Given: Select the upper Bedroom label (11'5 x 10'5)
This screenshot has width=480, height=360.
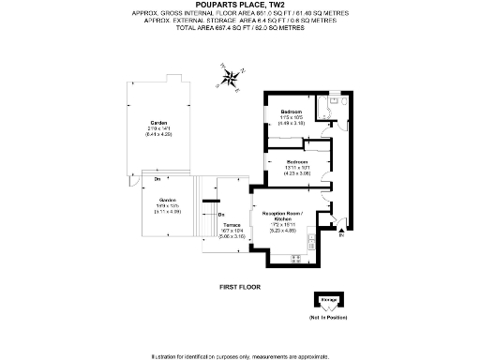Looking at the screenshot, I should pyautogui.click(x=291, y=115).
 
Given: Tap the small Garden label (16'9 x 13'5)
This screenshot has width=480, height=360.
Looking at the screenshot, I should pyautogui.click(x=168, y=205).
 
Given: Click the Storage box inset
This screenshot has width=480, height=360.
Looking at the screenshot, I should pyautogui.click(x=329, y=302).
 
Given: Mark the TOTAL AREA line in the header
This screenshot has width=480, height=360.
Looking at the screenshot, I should pyautogui.click(x=240, y=27).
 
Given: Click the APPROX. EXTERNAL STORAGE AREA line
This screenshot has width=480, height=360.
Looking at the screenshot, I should pyautogui.click(x=240, y=20).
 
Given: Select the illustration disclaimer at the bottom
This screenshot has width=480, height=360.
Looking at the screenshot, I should pyautogui.click(x=240, y=355).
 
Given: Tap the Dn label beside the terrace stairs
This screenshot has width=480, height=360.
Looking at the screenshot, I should pyautogui.click(x=221, y=215).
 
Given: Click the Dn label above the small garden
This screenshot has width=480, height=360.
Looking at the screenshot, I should pyautogui.click(x=158, y=177).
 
